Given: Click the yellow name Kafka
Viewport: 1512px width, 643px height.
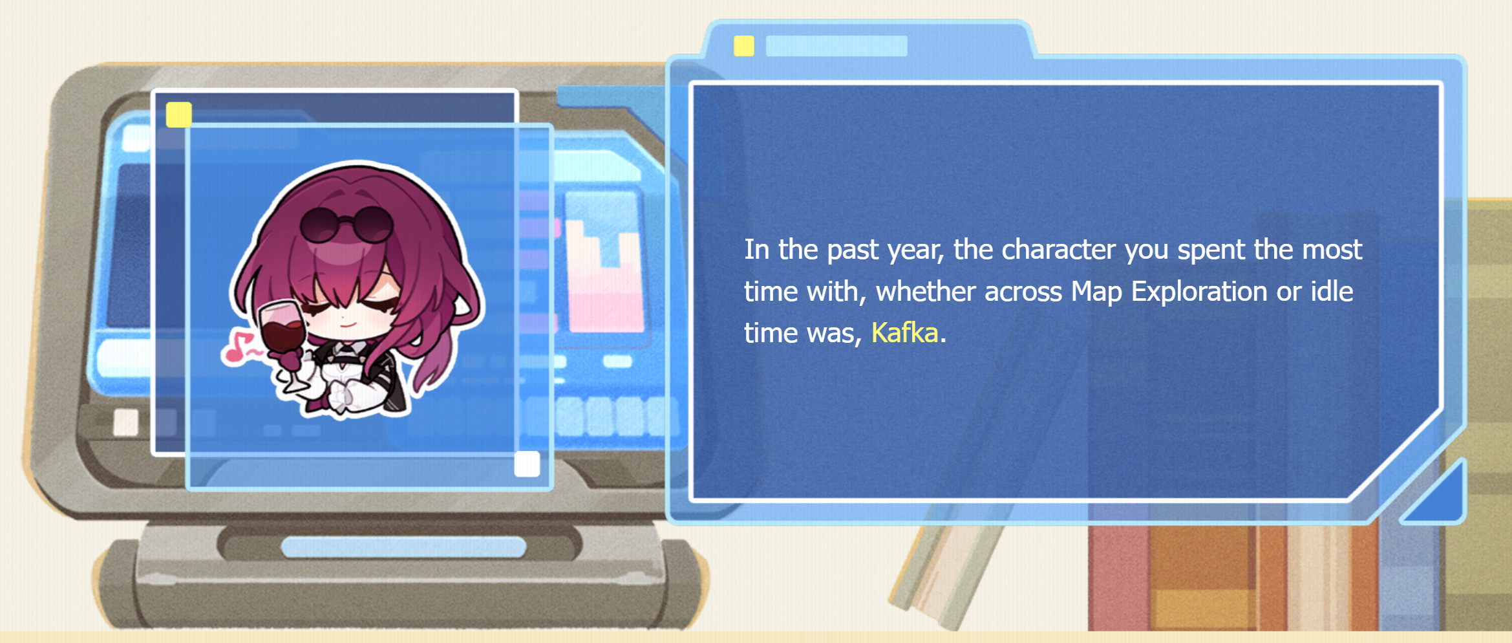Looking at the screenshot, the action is pyautogui.click(x=904, y=333).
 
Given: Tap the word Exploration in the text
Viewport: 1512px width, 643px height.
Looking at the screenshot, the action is pyautogui.click(x=1199, y=292).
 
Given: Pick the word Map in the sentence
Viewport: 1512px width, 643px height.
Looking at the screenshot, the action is pyautogui.click(x=1096, y=292).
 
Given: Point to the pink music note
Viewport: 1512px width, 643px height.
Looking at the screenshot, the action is pyautogui.click(x=239, y=348).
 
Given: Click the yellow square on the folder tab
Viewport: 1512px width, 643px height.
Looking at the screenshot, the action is pyautogui.click(x=743, y=46).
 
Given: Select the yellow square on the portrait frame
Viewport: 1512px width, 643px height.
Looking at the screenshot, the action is pyautogui.click(x=178, y=114).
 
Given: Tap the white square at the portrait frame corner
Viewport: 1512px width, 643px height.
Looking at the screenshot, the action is pyautogui.click(x=527, y=464).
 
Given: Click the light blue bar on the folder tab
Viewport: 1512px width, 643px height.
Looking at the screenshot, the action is pyautogui.click(x=836, y=46).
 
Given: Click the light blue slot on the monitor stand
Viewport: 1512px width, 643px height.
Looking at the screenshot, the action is pyautogui.click(x=403, y=547).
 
